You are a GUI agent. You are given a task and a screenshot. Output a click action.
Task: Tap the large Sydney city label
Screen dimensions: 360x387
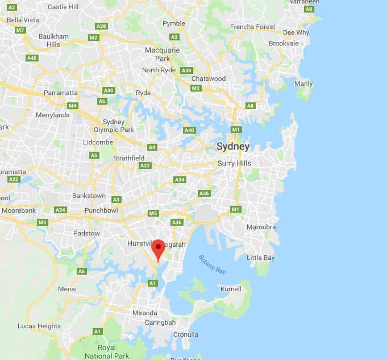point(232,146)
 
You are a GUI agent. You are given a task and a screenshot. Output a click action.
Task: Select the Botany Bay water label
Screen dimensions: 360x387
point(212,264)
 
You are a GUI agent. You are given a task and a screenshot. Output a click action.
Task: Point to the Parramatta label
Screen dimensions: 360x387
point(61,93)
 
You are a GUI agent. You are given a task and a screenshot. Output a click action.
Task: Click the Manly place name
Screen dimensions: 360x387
point(303,84)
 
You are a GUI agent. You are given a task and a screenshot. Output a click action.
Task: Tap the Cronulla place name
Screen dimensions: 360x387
point(185,334)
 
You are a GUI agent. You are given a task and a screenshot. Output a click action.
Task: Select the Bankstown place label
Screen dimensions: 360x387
point(89,196)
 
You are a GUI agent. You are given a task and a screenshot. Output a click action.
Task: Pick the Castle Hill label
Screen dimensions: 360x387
point(63,7)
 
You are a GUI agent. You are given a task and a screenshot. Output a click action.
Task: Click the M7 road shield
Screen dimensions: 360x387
point(20,30)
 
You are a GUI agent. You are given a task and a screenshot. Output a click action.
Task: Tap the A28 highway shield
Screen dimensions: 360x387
point(102,26)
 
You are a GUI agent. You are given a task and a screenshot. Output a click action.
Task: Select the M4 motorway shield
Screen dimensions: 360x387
point(72,105)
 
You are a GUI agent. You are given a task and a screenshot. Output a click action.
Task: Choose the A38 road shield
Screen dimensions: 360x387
point(186,71)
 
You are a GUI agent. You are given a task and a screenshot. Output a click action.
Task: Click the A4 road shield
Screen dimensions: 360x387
point(152,147)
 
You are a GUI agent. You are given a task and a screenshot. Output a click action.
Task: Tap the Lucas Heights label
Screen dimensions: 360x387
point(39,326)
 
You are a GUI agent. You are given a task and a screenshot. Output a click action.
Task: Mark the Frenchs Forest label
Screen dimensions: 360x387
point(252,27)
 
